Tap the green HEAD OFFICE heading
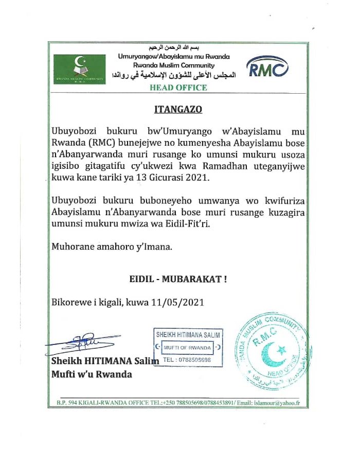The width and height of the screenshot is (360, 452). [x=178, y=88]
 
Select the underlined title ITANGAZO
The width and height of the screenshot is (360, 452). [x=178, y=109]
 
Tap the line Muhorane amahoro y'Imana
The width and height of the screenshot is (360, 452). [x=112, y=247]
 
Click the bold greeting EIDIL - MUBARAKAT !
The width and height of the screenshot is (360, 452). [x=178, y=280]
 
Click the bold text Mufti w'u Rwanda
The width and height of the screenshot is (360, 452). [x=92, y=374]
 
